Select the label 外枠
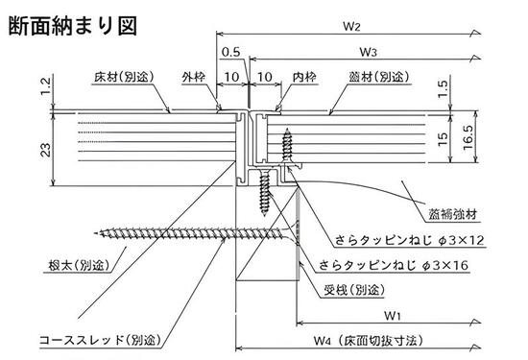coord(193,75)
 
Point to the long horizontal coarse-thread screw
coord(192,233)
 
